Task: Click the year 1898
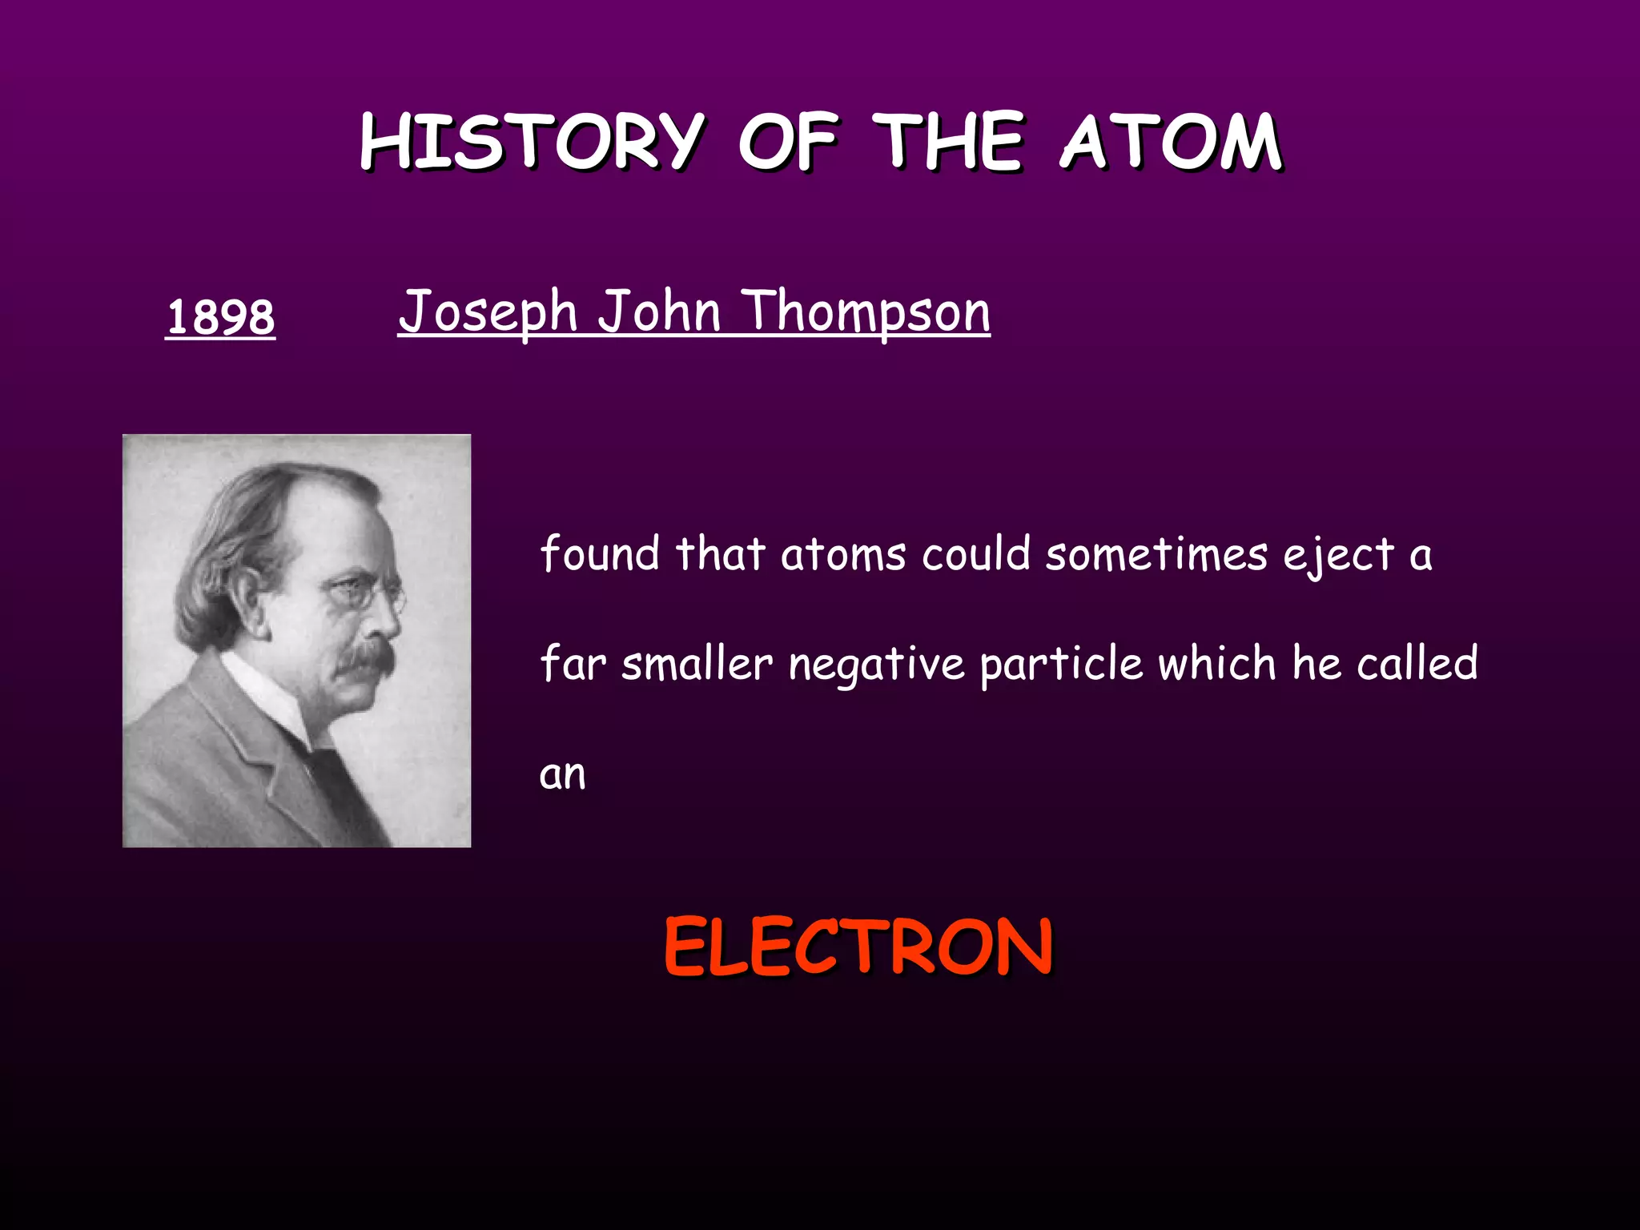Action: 220,316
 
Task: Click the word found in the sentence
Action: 600,553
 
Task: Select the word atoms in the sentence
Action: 843,554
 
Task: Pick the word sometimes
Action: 1156,554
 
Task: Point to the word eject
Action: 1339,554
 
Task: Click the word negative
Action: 876,664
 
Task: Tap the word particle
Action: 1061,664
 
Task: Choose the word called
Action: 1417,663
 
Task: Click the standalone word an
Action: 562,774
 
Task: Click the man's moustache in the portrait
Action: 365,658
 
